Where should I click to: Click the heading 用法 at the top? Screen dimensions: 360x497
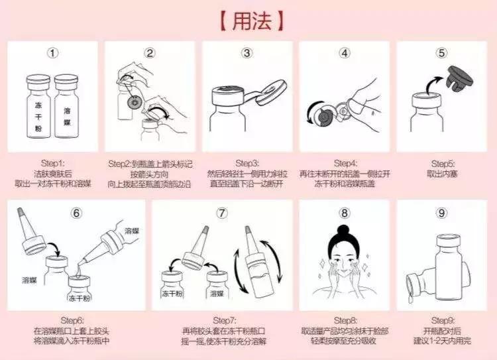[248, 20]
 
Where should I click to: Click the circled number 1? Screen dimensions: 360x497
[53, 53]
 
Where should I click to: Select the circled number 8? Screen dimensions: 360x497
[344, 213]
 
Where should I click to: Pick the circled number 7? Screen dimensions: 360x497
[222, 213]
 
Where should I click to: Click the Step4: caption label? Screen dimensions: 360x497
[345, 162]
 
